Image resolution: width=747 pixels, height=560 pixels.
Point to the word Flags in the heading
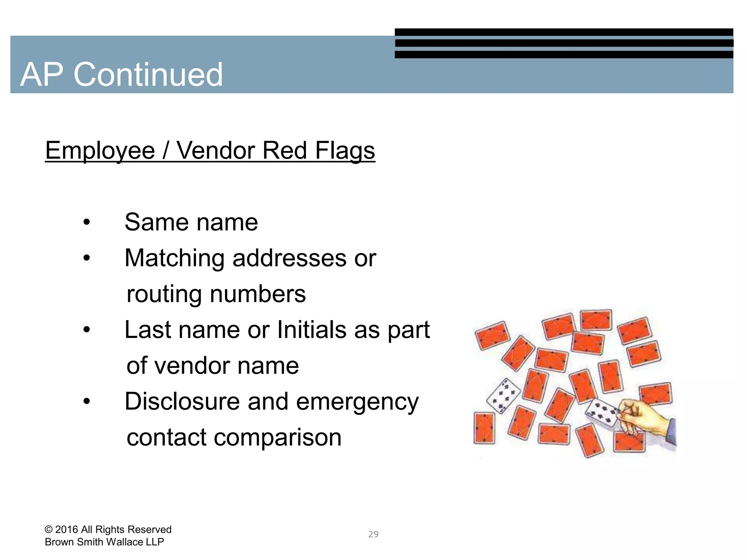[x=345, y=151]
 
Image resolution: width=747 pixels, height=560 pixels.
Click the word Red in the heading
[x=284, y=151]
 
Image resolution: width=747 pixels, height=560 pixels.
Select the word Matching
[x=174, y=258]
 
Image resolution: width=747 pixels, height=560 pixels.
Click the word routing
[x=164, y=294]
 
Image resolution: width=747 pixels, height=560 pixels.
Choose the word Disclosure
[x=182, y=401]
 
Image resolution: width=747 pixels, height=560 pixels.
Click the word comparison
[x=277, y=437]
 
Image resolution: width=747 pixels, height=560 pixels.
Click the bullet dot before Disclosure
[x=86, y=401]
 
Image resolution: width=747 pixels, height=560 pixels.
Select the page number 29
[x=373, y=534]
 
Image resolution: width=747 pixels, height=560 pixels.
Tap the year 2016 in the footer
[x=66, y=529]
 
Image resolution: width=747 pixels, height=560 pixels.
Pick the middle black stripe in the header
[x=564, y=43]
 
